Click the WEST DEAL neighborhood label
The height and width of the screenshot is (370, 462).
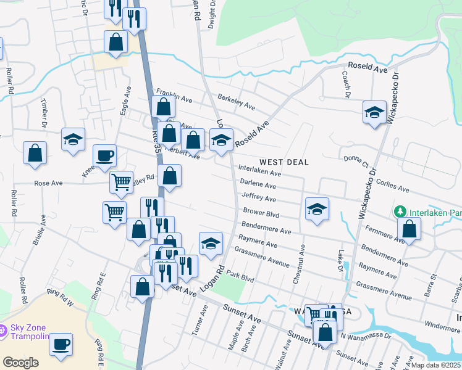coord(283,162)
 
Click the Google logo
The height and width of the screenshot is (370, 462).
coord(20,362)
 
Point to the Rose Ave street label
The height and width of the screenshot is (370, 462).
coord(49,183)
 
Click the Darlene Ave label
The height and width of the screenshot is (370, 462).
coord(258,184)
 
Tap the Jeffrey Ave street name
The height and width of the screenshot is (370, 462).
coord(259,198)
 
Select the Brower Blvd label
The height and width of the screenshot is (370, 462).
coord(261,214)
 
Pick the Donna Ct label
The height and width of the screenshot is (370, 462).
coord(356,162)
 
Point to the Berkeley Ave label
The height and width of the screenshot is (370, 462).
coord(237,102)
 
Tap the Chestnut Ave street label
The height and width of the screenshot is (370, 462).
coord(301,263)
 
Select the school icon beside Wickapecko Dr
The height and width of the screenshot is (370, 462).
coord(374,112)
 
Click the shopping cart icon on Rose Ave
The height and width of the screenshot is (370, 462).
coord(121,181)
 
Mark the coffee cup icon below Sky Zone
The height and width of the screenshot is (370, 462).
coord(61,344)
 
